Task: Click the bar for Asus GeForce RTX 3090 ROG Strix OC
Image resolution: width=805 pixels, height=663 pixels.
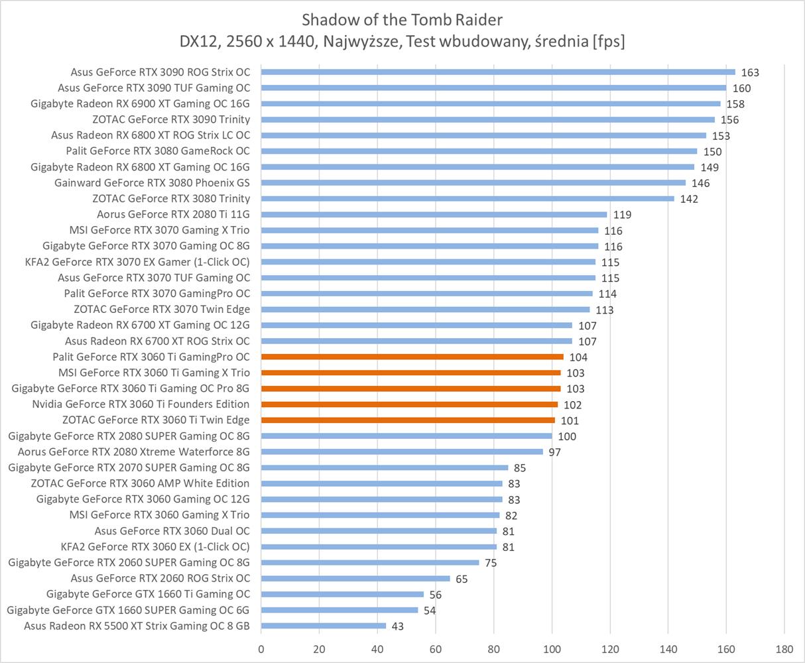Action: [x=497, y=72]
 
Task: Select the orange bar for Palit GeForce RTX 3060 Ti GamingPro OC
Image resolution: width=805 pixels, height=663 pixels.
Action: [x=412, y=357]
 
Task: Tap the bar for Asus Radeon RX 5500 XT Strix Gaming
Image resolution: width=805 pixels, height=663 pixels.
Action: [x=324, y=626]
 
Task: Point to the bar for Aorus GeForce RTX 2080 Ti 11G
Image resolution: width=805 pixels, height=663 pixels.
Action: [x=434, y=214]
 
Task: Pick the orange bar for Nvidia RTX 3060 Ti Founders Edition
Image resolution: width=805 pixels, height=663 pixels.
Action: [x=409, y=404]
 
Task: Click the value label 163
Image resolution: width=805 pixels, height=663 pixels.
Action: [x=750, y=73]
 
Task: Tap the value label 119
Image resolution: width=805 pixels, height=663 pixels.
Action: [x=622, y=215]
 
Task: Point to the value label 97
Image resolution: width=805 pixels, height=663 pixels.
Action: [x=555, y=452]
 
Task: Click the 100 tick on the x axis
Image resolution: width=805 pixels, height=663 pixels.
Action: [x=552, y=648]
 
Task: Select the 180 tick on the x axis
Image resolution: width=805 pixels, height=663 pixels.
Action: [x=784, y=648]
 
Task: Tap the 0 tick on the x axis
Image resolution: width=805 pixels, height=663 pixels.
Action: [x=261, y=648]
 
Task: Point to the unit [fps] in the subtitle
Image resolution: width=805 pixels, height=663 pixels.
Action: [x=609, y=42]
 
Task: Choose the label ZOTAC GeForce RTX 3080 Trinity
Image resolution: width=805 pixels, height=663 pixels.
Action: [x=171, y=198]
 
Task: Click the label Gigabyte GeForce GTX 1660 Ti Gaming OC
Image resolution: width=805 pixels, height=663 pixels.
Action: [x=148, y=594]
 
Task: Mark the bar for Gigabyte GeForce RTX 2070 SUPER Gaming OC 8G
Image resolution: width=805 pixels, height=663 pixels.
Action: [x=385, y=467]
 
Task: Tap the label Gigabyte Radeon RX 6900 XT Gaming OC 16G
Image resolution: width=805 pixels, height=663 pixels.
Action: [x=140, y=103]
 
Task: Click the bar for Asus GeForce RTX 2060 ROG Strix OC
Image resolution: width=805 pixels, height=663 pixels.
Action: [x=355, y=578]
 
